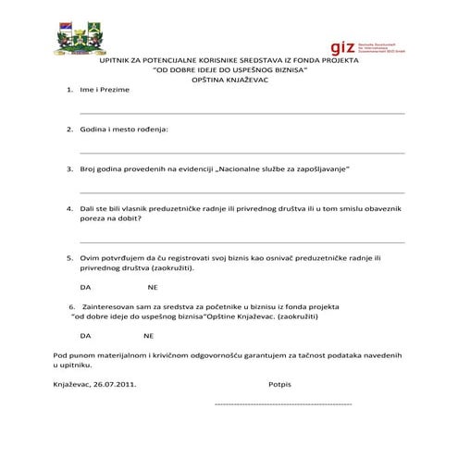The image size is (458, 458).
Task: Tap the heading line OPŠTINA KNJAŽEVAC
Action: click(x=229, y=80)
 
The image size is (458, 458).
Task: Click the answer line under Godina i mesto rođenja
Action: click(x=241, y=151)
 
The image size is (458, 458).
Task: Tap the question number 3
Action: click(x=70, y=169)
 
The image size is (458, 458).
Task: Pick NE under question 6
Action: click(x=148, y=335)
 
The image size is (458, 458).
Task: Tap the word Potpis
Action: click(x=279, y=382)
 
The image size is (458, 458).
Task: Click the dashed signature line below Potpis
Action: click(x=282, y=404)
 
